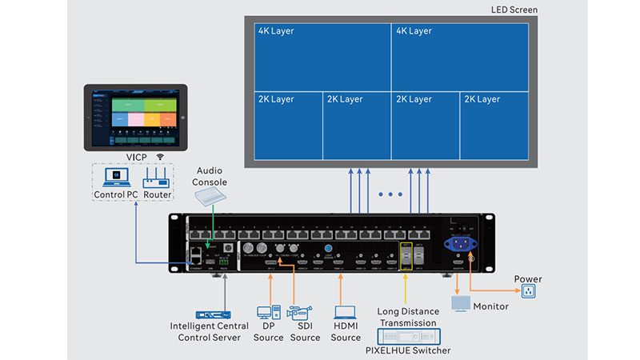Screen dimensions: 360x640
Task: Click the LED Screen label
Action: point(514,10)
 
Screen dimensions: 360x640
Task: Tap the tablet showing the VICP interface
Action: point(135,118)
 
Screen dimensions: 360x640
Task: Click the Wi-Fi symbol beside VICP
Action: point(160,157)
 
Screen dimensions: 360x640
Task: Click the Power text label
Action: point(528,279)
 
